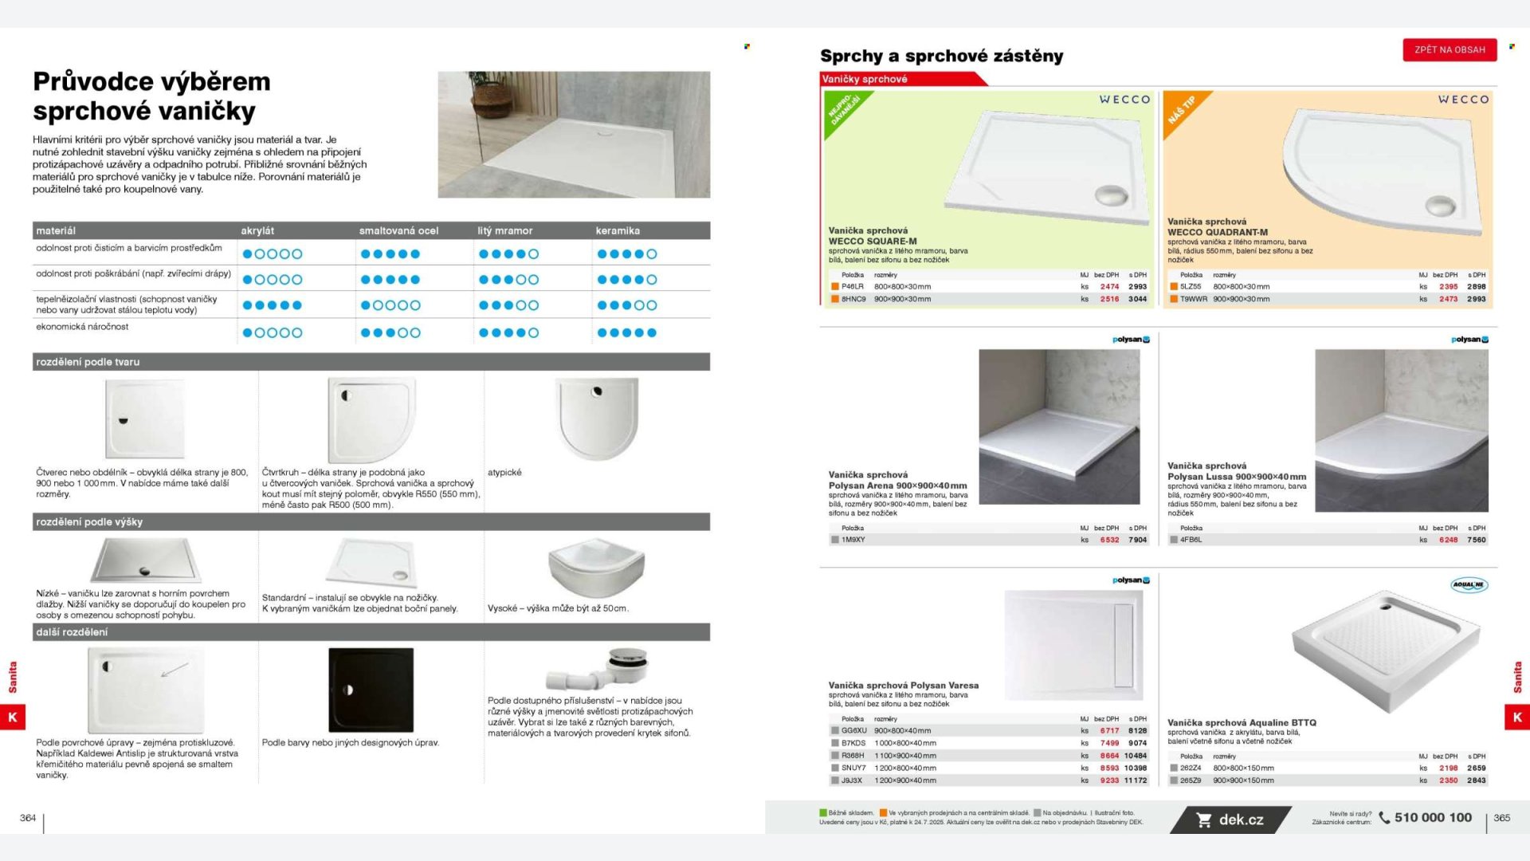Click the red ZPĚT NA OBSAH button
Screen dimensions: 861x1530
point(1450,49)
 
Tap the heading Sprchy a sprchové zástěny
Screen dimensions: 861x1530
point(941,56)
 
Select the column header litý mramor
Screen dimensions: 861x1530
point(504,230)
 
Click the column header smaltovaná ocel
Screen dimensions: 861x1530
point(398,230)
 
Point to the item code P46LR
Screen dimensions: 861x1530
point(852,286)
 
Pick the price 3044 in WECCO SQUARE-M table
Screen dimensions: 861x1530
point(1137,299)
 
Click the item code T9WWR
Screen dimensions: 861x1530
point(1193,299)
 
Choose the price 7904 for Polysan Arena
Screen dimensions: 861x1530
point(1137,540)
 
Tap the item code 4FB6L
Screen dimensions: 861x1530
point(1191,540)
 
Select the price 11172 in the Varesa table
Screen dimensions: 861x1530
point(1136,780)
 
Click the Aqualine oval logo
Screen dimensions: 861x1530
point(1469,584)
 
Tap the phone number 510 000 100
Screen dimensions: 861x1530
point(1433,818)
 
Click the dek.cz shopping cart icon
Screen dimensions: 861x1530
point(1204,820)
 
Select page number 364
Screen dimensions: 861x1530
point(28,818)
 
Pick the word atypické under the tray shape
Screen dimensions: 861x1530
point(504,473)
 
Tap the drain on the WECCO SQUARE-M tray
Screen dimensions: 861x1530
point(1111,195)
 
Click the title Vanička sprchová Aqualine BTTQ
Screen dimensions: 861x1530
point(1242,723)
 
